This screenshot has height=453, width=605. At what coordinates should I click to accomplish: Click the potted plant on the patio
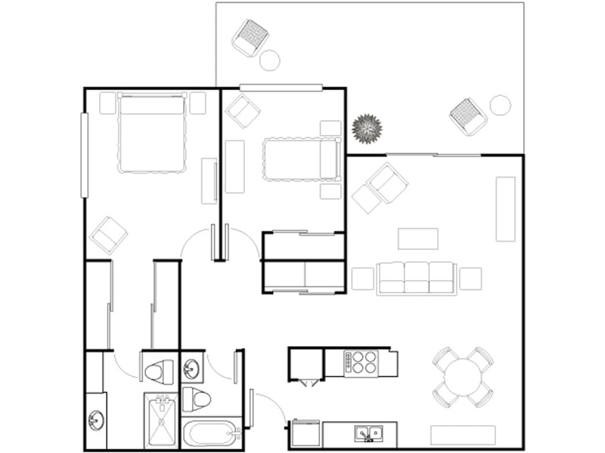click(368, 129)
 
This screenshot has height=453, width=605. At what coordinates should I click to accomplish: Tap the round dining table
click(463, 377)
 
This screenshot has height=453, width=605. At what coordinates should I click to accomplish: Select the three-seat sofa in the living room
click(417, 278)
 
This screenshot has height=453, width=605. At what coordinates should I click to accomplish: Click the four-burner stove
click(361, 363)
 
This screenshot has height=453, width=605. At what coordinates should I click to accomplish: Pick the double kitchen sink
click(369, 433)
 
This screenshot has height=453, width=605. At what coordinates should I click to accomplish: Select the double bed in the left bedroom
click(152, 133)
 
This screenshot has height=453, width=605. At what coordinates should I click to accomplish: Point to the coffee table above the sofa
click(418, 239)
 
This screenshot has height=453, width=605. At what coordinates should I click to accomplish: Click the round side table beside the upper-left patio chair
click(270, 59)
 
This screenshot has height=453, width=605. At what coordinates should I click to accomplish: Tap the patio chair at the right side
click(469, 116)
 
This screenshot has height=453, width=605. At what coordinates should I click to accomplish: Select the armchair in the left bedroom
click(109, 235)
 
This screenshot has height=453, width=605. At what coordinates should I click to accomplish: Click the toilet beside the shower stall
click(159, 371)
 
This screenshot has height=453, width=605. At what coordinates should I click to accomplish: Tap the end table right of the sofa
click(470, 279)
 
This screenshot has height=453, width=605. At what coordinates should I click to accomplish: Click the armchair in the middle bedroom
click(243, 112)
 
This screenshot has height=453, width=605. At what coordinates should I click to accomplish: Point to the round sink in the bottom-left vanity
click(96, 420)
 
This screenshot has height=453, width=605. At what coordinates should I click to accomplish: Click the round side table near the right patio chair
click(500, 105)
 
